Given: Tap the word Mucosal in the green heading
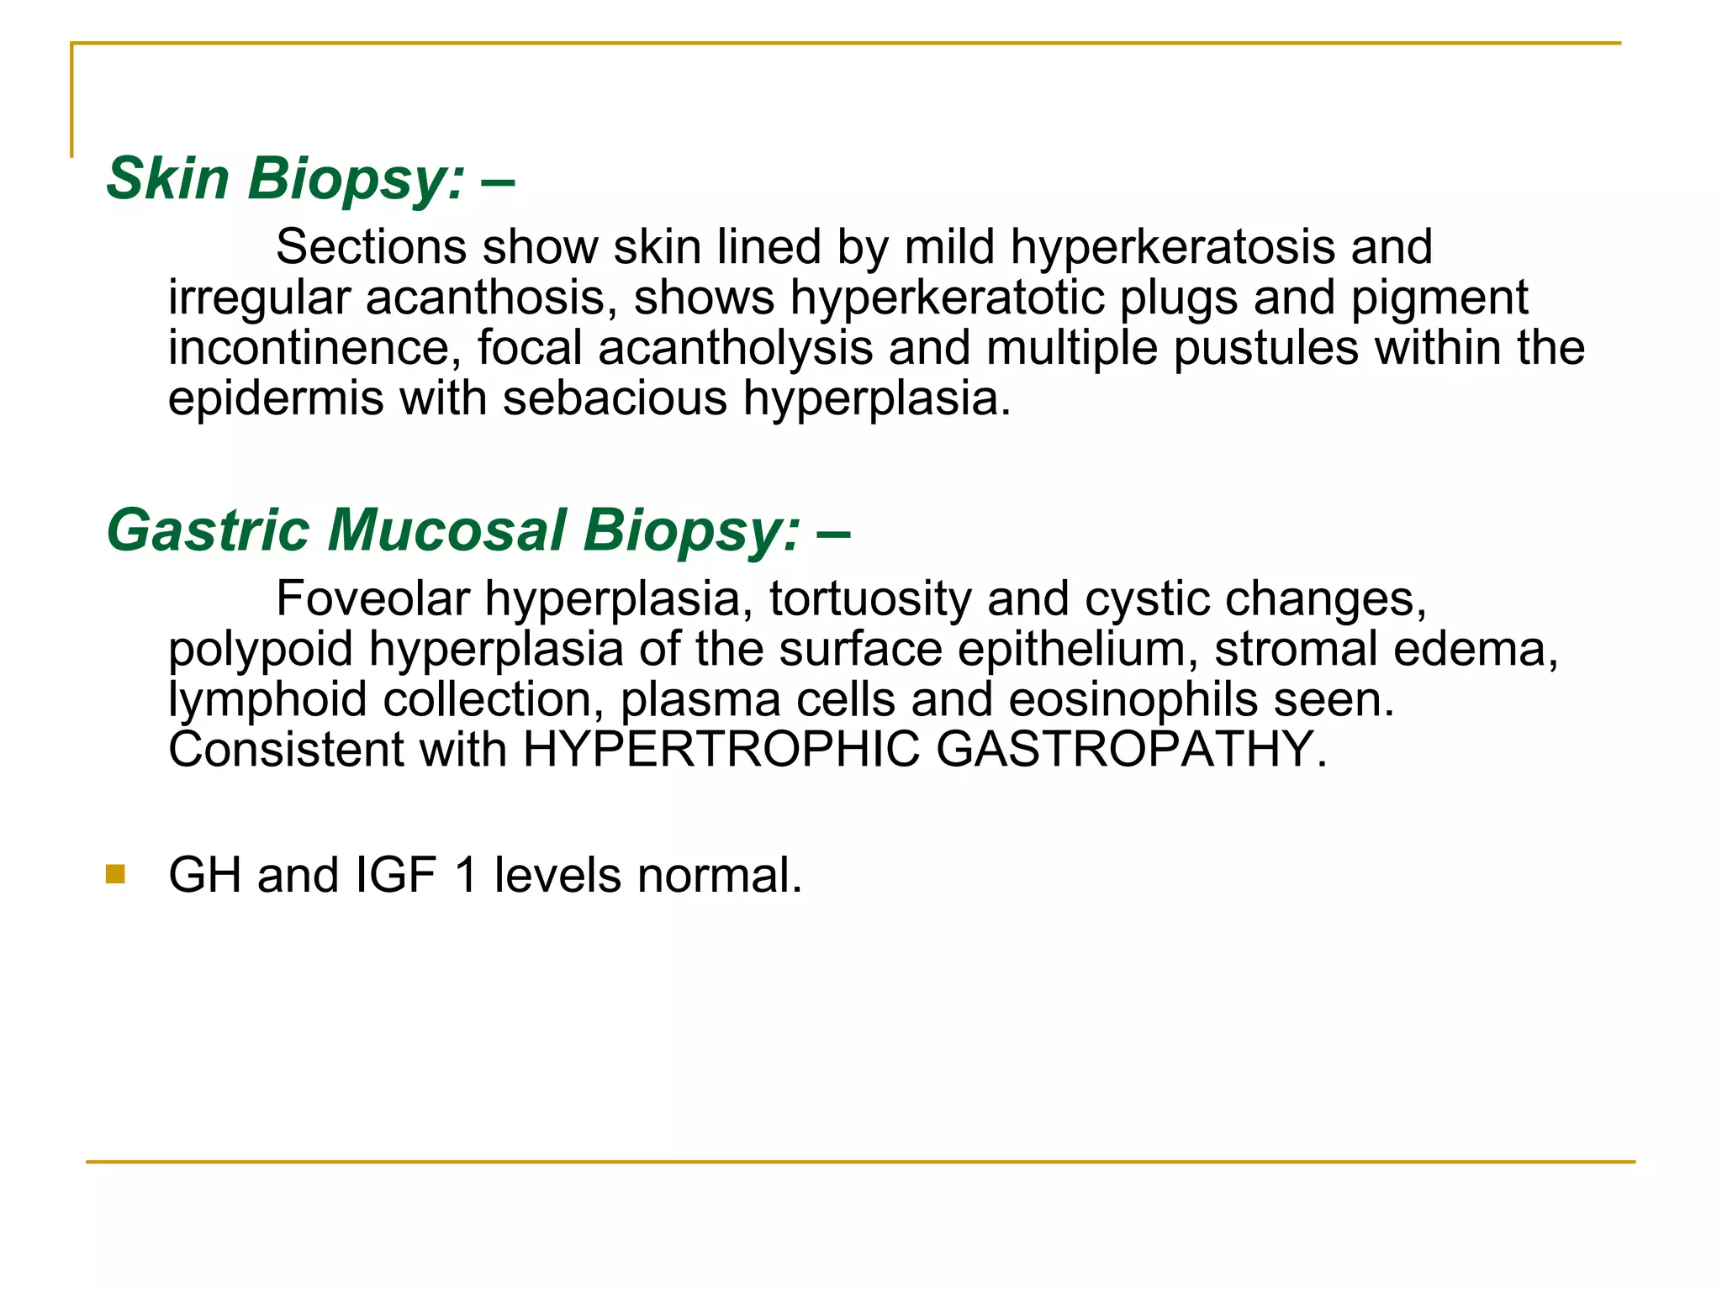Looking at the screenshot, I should click(x=446, y=530).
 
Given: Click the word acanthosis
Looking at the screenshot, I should click(x=485, y=298).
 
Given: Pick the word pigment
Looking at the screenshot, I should click(x=1439, y=298).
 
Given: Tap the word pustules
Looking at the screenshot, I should click(x=1265, y=348).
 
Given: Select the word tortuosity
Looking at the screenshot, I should click(x=870, y=598).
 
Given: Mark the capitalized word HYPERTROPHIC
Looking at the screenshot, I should click(x=721, y=750).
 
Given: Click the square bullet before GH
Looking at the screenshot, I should click(x=115, y=875).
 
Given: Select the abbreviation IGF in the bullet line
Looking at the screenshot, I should click(x=396, y=875).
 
